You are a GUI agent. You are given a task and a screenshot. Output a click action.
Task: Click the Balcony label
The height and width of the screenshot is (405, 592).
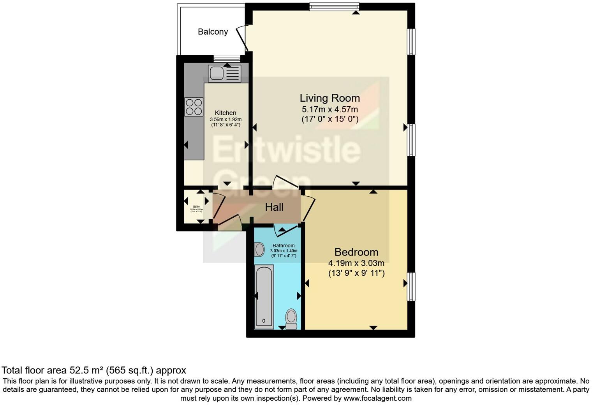point(213,32)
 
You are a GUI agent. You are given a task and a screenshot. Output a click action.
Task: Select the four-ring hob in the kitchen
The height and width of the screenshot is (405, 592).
point(194,107)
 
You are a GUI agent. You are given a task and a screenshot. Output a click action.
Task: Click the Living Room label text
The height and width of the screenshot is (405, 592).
point(329,98)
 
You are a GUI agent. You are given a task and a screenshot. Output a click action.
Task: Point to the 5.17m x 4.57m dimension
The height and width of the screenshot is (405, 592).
point(329,109)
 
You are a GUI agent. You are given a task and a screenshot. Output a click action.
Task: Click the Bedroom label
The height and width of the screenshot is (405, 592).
point(356,252)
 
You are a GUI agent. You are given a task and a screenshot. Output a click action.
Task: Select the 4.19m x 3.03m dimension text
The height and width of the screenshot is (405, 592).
point(356,263)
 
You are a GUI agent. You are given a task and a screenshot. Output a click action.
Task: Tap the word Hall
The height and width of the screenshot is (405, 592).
point(274,207)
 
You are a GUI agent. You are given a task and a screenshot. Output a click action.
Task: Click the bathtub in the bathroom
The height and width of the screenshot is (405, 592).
point(264,296)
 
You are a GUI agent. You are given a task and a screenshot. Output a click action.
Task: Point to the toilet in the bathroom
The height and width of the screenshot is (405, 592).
point(291,318)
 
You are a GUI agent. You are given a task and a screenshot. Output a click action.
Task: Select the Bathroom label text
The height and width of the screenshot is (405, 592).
point(284,246)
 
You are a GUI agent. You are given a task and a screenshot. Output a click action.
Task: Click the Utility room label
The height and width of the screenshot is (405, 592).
point(196,207)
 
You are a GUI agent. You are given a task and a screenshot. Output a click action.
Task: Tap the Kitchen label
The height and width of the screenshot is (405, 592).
point(226,113)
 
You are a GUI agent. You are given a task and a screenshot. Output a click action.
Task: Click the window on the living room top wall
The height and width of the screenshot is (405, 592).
point(334,7)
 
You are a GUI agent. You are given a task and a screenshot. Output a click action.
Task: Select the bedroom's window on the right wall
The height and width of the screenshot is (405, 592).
point(411,287)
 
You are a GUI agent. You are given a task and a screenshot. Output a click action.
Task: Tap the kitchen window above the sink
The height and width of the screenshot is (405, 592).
point(227,59)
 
